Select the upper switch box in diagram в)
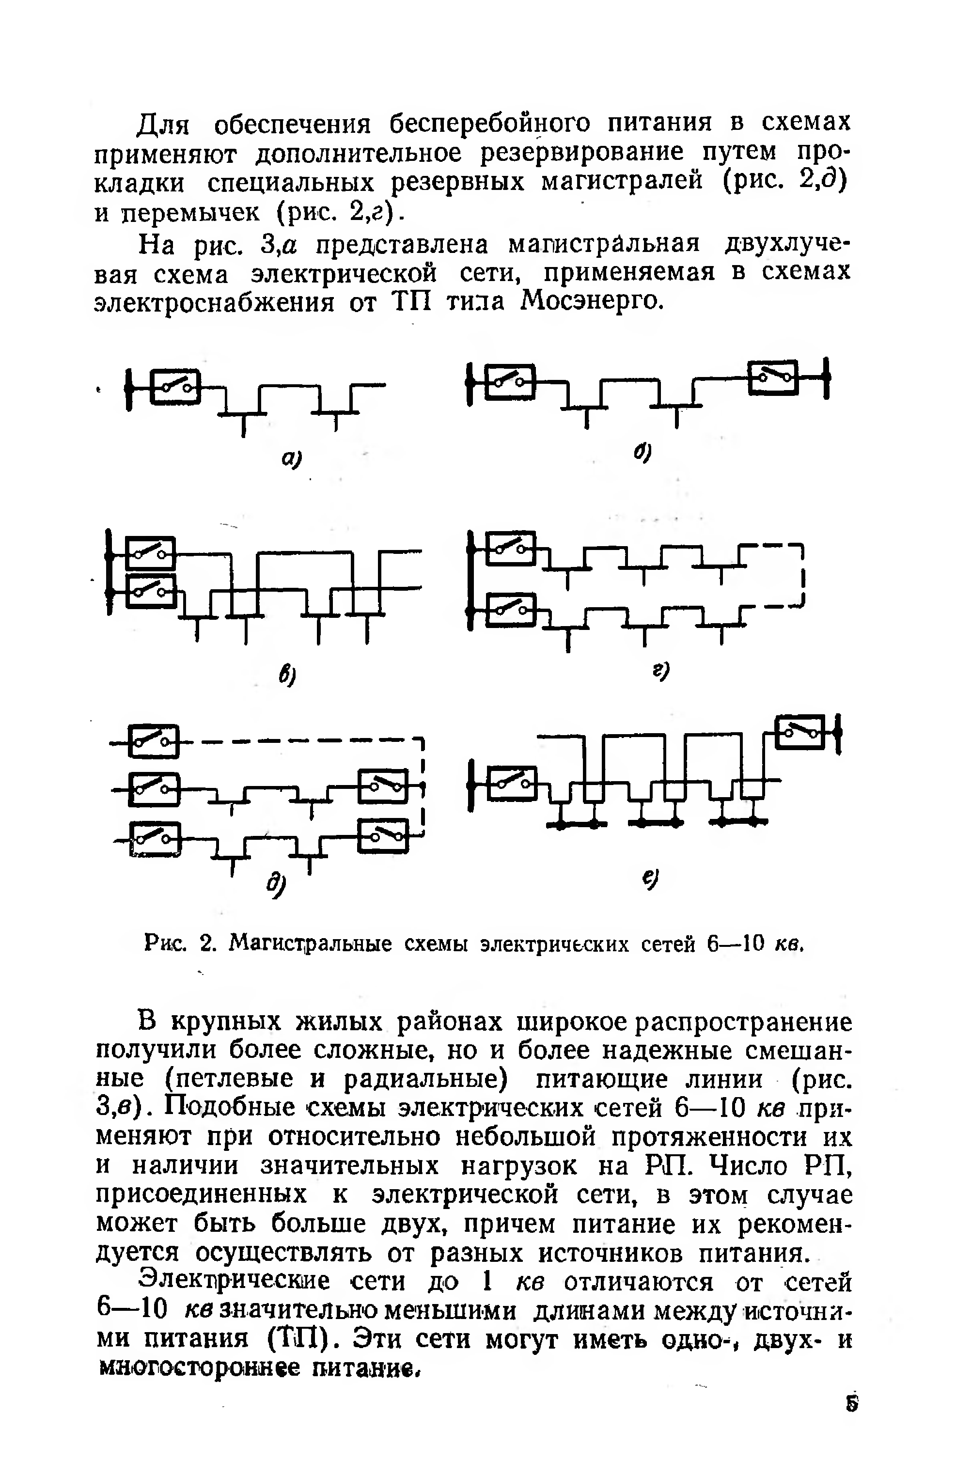[150, 553]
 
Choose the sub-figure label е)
[650, 879]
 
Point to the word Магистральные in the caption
[310, 944]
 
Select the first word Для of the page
[162, 124]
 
